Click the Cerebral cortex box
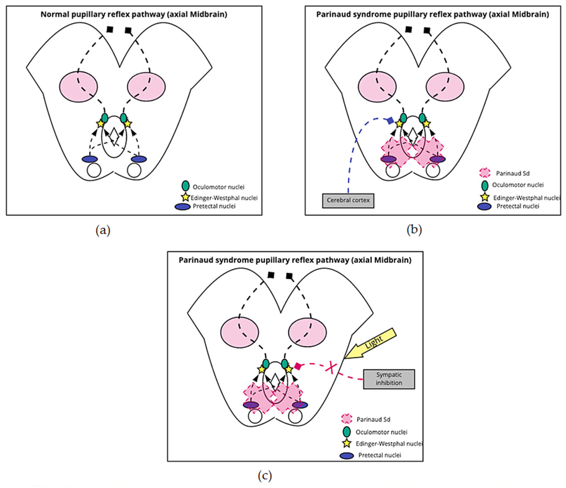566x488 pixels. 348,201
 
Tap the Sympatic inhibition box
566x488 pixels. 389,379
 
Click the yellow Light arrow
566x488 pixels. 372,343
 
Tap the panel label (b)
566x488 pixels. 414,230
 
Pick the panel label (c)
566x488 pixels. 265,476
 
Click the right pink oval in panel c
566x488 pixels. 307,332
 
